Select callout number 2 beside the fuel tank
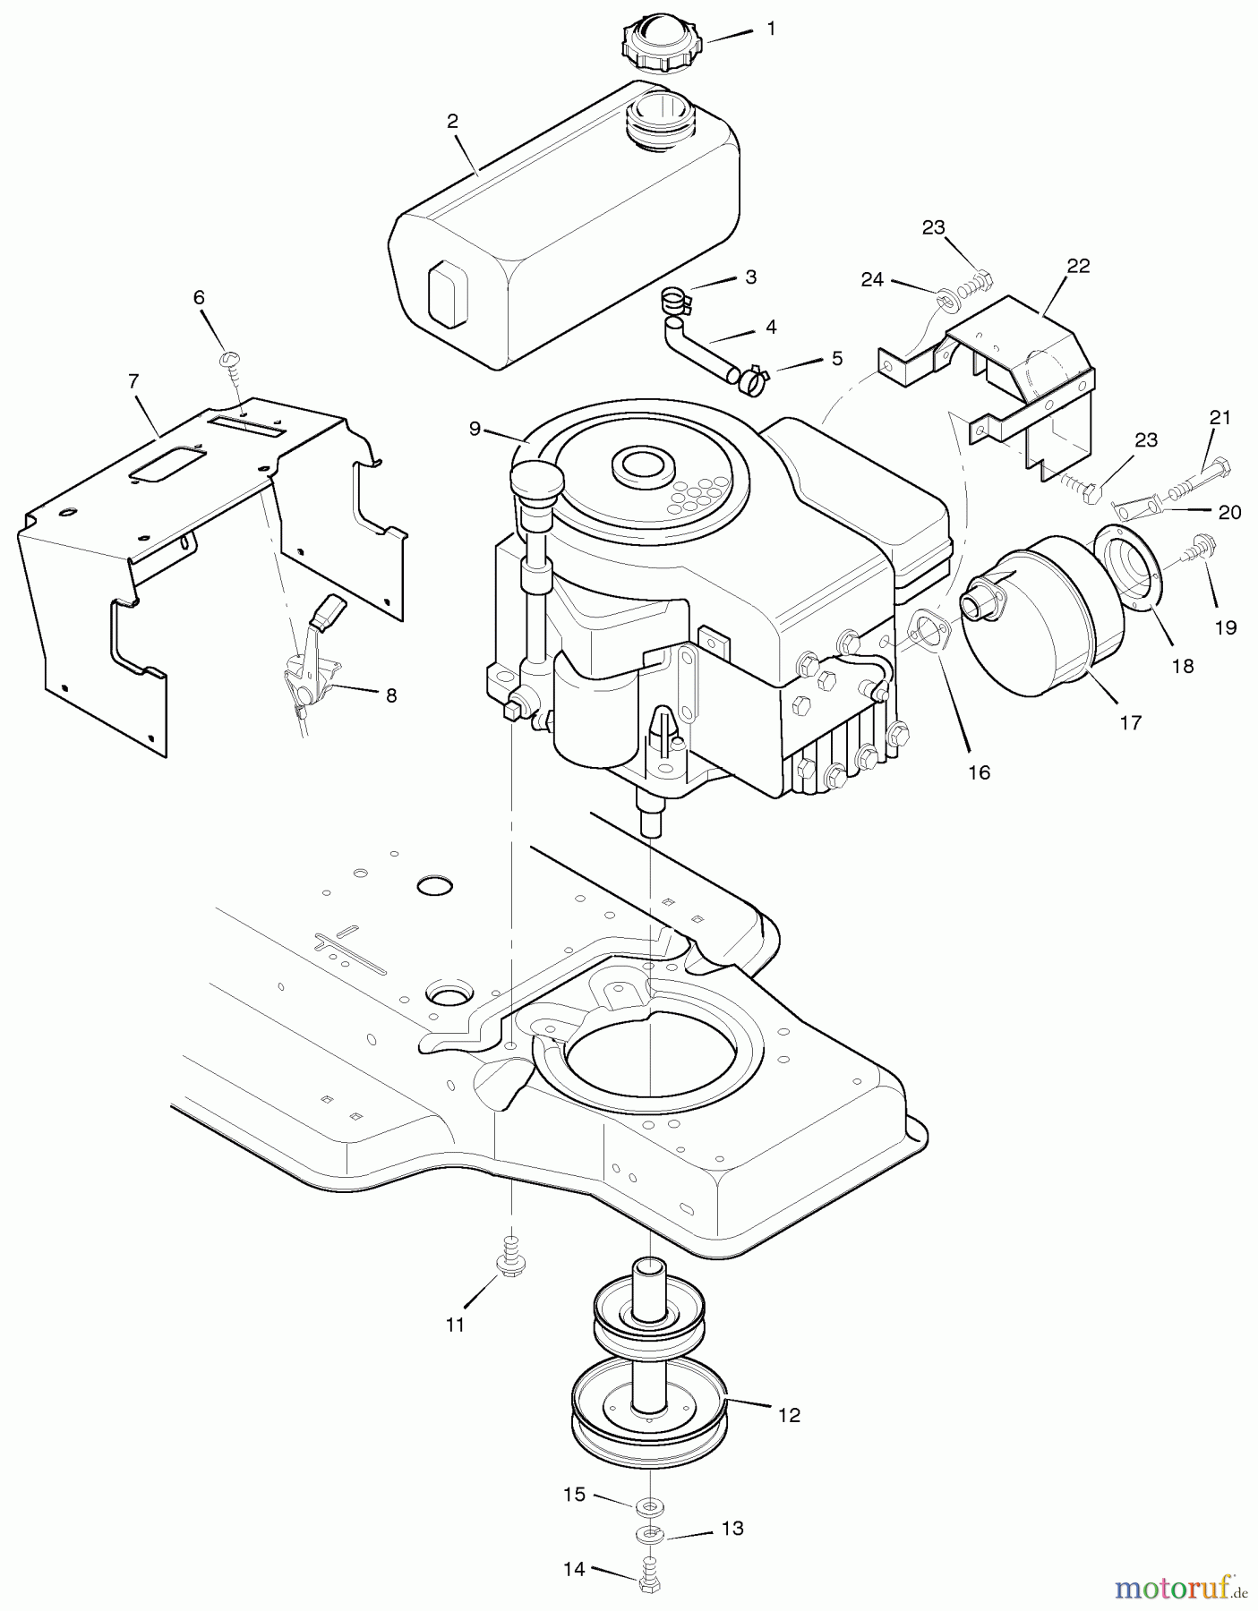[x=453, y=121]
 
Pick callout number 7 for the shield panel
[x=133, y=382]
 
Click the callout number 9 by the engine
[x=475, y=429]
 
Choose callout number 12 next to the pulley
[x=789, y=1415]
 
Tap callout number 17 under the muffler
[x=1131, y=721]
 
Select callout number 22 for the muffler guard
[x=1078, y=266]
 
